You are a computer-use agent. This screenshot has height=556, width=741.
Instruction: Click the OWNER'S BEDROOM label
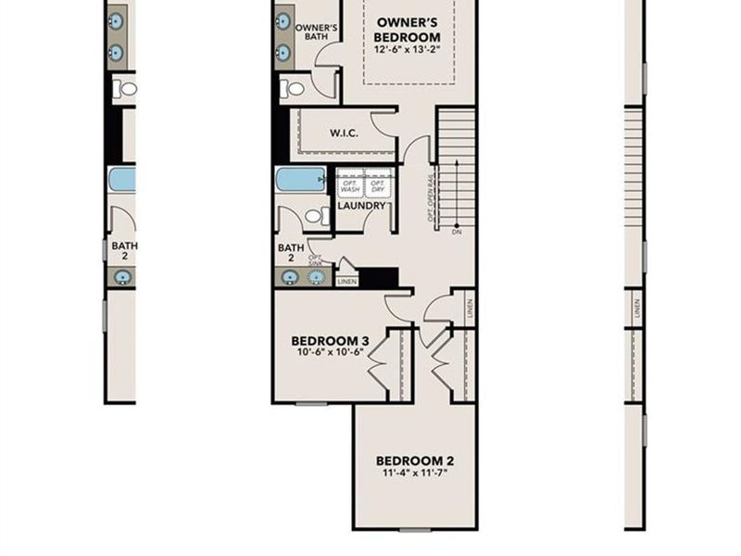click(x=407, y=30)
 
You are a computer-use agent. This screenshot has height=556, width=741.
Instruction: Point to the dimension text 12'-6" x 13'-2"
click(x=408, y=48)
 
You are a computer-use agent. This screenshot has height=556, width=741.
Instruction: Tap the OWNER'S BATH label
click(x=316, y=32)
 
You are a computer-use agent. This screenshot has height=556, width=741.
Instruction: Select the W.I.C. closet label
click(x=344, y=133)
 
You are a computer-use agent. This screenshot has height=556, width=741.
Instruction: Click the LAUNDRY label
click(x=361, y=206)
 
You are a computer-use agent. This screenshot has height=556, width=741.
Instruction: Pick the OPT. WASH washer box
click(x=349, y=184)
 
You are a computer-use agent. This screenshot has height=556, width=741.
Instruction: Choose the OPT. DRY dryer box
click(x=376, y=184)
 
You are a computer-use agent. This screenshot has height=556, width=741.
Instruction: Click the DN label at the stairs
click(x=457, y=232)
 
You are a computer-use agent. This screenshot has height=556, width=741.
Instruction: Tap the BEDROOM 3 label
click(x=330, y=341)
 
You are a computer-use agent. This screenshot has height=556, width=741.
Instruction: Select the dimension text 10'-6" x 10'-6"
click(x=330, y=354)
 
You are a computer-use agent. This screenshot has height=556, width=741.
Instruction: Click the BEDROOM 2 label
click(x=414, y=461)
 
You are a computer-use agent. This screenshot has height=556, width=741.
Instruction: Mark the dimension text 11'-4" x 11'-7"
click(x=414, y=474)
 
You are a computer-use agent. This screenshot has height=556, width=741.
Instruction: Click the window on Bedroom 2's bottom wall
click(x=414, y=529)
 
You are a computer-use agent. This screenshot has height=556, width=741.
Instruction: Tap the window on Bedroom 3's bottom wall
click(x=311, y=403)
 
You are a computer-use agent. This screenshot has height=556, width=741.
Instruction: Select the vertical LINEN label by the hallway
click(x=470, y=309)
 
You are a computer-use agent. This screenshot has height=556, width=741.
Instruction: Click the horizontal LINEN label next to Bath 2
click(x=346, y=281)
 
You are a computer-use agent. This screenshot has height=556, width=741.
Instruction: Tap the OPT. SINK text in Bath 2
click(x=315, y=261)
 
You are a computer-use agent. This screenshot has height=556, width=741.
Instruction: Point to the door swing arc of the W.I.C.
click(x=382, y=124)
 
